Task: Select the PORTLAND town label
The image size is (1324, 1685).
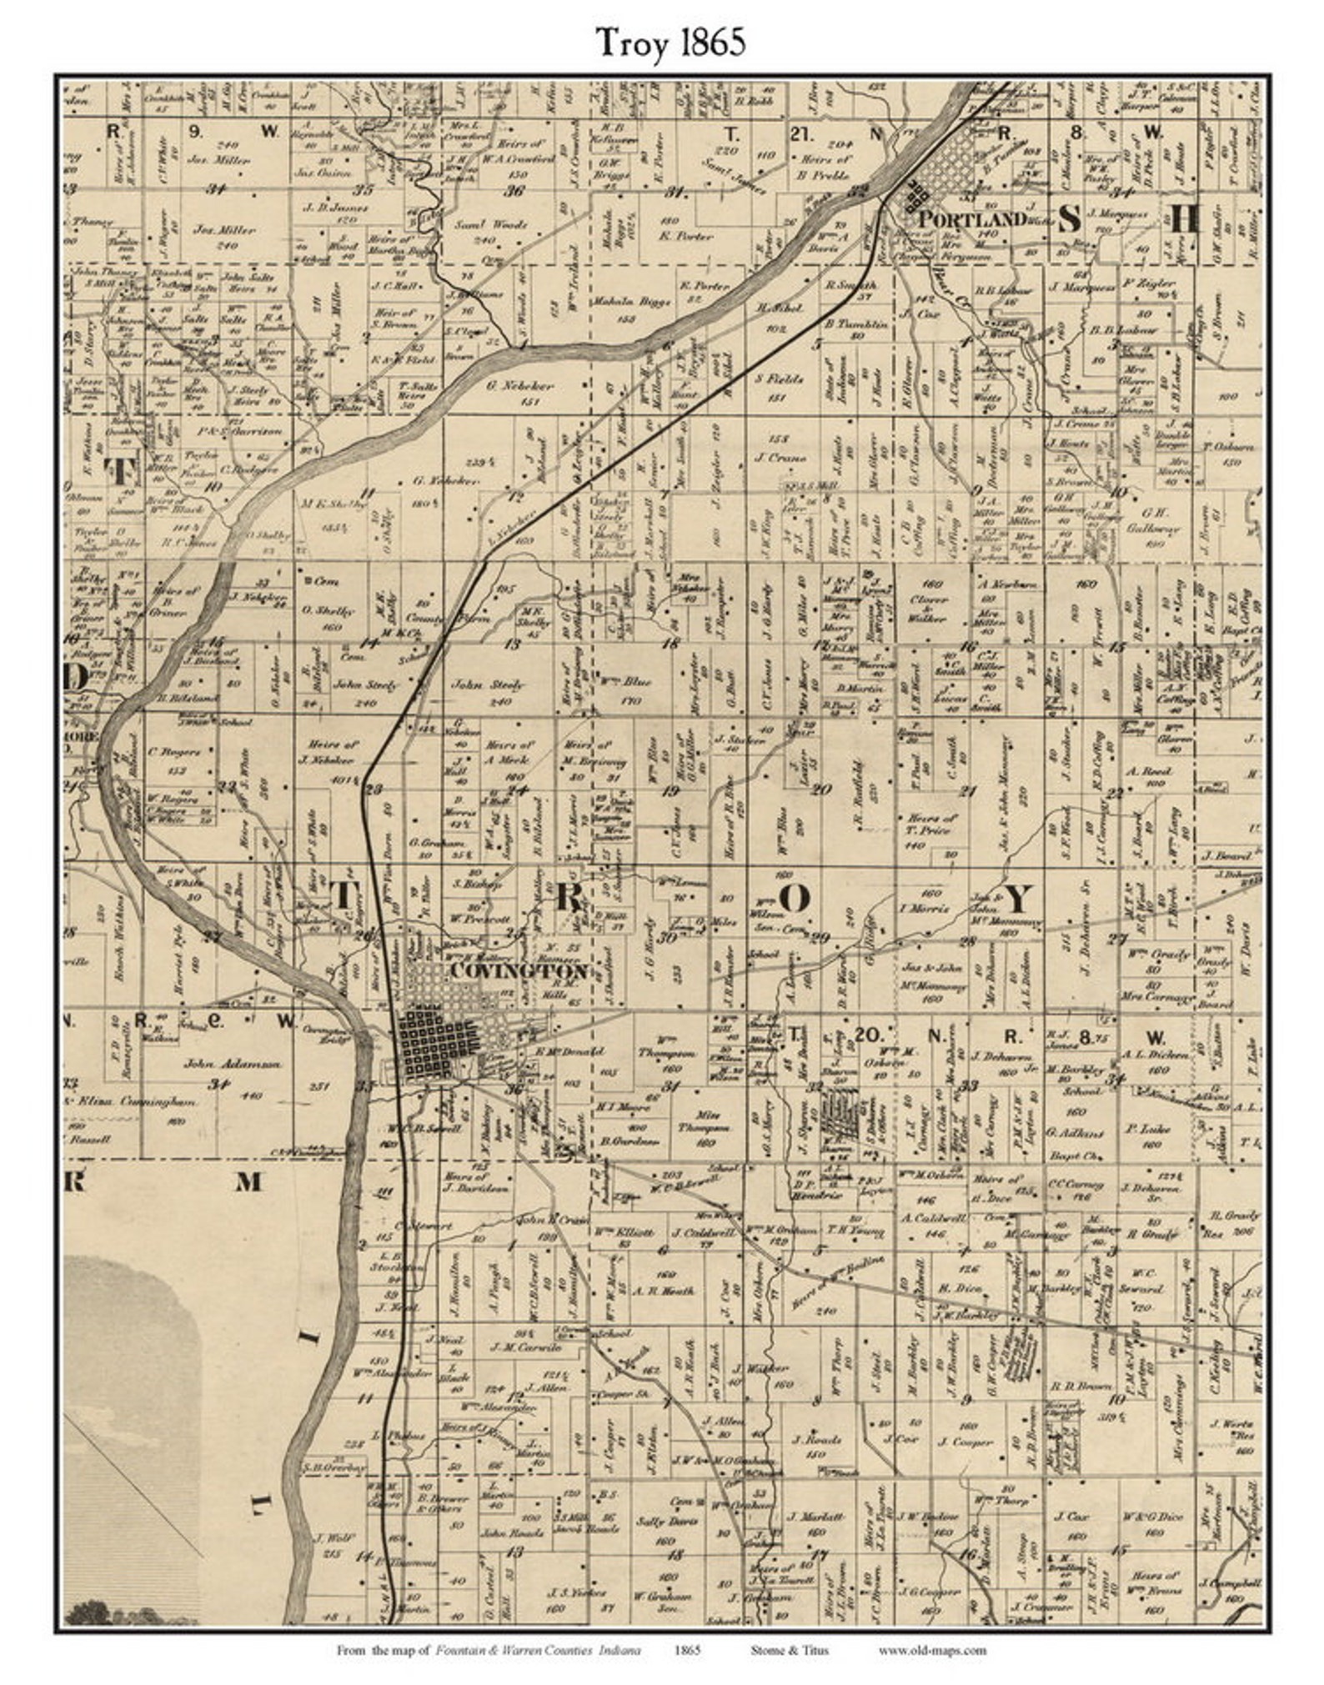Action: [x=971, y=219]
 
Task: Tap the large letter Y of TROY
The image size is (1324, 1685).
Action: [x=1019, y=899]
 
